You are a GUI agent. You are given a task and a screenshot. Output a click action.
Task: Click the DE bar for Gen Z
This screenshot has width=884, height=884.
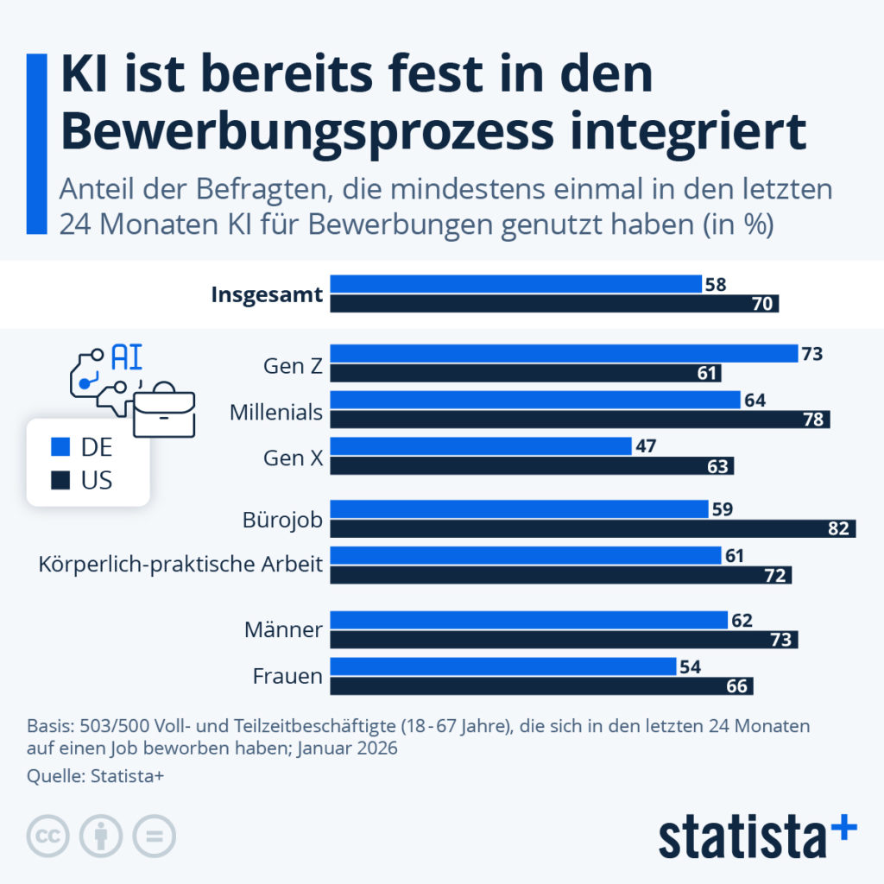(564, 353)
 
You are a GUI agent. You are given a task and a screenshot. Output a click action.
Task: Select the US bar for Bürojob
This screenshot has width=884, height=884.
(593, 528)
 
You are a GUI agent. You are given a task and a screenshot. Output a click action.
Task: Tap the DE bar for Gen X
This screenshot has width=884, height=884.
(481, 445)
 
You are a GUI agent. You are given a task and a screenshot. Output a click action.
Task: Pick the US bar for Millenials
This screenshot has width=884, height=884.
(580, 420)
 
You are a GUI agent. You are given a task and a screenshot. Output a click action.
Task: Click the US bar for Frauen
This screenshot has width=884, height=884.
(542, 685)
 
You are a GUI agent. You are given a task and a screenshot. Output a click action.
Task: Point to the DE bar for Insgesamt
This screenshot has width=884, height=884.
(516, 284)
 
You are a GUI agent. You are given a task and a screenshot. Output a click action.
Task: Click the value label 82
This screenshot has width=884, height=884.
(838, 528)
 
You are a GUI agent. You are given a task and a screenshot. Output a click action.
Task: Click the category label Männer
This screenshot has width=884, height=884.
(283, 630)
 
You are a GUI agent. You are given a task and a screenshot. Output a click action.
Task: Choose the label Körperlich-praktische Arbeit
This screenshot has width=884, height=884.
(180, 565)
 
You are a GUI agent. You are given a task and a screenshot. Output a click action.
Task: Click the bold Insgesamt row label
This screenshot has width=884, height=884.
(267, 294)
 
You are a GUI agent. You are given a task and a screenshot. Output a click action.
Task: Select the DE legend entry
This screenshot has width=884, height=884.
(83, 447)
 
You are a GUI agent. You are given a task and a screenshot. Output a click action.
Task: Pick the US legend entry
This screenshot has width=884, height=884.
(83, 479)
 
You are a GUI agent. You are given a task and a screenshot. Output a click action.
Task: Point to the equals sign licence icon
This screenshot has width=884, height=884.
(154, 836)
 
